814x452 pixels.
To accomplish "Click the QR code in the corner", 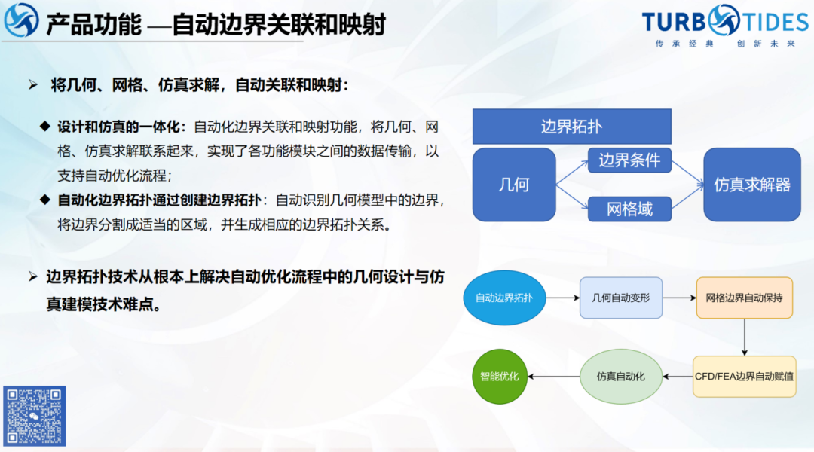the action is point(34,416).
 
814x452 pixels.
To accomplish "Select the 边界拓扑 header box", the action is point(571,127).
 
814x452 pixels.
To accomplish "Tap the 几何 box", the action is point(514,184).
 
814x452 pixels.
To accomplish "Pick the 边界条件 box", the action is point(629,160).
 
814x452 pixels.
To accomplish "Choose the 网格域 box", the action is point(629,209).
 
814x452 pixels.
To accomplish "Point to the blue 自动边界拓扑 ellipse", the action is point(503,298).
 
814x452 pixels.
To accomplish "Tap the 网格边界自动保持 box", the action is point(744,298).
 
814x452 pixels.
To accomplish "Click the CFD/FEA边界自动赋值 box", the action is point(744,376).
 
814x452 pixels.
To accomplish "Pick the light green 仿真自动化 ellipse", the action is point(620,376).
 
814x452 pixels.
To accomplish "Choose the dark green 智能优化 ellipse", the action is point(499,376).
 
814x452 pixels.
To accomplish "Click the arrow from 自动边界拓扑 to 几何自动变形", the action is point(562,298).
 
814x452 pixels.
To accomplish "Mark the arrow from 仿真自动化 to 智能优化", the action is point(554,376).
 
